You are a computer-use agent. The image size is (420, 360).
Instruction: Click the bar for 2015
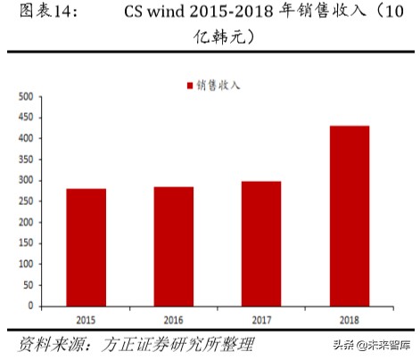coord(86,247)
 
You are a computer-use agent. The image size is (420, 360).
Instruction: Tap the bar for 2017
coord(261,243)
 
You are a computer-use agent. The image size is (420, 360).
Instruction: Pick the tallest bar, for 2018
coord(349,216)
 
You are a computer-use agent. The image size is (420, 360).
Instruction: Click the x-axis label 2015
coord(86,316)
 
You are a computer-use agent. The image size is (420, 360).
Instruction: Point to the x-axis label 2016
coord(173,316)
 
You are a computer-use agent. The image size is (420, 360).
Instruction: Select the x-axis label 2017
coord(261,316)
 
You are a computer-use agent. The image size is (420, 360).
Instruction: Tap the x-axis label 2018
coord(349,316)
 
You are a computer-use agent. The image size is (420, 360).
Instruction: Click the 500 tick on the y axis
coord(26,96)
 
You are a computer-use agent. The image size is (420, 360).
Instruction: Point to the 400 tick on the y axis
coord(26,138)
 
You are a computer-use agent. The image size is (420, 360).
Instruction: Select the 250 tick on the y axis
coord(26,200)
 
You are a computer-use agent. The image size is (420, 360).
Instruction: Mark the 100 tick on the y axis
coord(26,264)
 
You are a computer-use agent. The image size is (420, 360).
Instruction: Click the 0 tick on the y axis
coord(30,306)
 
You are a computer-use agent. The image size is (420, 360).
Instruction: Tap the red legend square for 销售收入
coord(189,86)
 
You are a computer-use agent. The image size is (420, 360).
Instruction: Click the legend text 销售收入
coord(218,86)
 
